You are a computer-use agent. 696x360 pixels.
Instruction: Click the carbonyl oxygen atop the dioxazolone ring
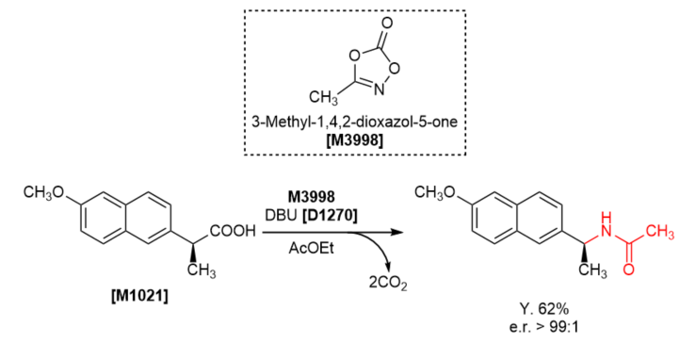click(x=387, y=23)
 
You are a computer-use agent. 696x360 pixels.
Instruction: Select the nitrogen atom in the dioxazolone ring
click(x=379, y=90)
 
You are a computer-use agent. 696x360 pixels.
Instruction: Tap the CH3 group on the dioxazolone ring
click(x=323, y=98)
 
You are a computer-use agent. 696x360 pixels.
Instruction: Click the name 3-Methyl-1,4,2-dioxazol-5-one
click(x=355, y=122)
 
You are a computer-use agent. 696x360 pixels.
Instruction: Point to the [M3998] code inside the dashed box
click(x=354, y=140)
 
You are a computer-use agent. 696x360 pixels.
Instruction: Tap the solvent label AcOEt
click(x=311, y=248)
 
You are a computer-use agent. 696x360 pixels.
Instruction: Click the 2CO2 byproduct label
click(x=387, y=284)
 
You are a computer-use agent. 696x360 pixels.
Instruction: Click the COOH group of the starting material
click(x=233, y=231)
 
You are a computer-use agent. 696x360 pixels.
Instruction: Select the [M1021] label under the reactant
click(x=139, y=295)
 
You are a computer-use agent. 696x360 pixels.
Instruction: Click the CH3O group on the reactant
click(x=43, y=193)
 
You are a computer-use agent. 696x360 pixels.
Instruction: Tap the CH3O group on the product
click(x=435, y=191)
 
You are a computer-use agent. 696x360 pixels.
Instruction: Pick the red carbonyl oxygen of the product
click(x=628, y=269)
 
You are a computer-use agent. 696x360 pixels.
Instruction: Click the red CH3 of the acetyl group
click(x=659, y=232)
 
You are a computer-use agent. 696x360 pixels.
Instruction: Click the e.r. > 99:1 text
click(x=544, y=327)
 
